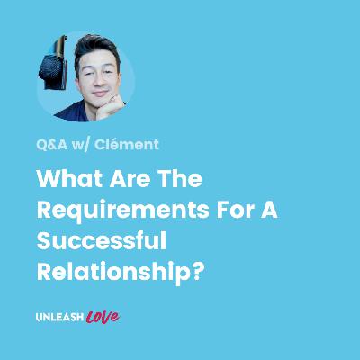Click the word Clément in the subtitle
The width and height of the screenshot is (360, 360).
[x=126, y=144]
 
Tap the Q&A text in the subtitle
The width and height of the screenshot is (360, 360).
[x=51, y=145]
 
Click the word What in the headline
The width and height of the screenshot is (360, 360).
[x=69, y=178]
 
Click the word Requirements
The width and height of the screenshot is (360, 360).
[x=122, y=211]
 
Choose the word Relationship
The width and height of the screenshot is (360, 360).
[x=113, y=273]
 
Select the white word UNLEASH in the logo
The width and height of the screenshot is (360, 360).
[x=59, y=317]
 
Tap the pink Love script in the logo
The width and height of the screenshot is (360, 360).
[x=103, y=317]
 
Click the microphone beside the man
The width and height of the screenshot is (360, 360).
[x=53, y=64]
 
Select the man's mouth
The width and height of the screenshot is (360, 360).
[x=101, y=94]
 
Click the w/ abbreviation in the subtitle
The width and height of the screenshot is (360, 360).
[x=80, y=145]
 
